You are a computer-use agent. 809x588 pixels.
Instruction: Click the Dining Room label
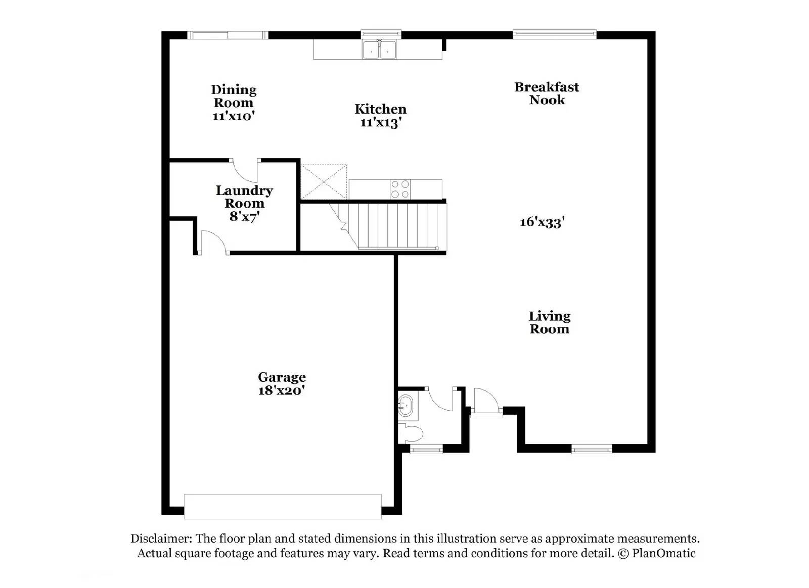click(x=233, y=96)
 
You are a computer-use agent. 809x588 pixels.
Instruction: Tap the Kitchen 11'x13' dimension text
click(x=381, y=122)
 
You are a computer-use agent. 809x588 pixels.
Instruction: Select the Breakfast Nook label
click(x=547, y=93)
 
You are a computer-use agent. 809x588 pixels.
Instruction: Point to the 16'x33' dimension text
click(x=542, y=222)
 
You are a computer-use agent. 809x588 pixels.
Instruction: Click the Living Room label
click(x=549, y=322)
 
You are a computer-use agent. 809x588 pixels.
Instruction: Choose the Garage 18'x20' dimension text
click(x=281, y=390)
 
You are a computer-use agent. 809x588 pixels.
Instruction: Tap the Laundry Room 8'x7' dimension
click(x=244, y=216)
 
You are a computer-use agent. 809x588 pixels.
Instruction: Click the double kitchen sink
click(x=379, y=50)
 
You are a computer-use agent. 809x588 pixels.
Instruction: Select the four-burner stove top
click(x=400, y=189)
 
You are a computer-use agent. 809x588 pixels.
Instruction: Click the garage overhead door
click(x=283, y=506)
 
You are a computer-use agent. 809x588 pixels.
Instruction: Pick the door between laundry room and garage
click(x=213, y=242)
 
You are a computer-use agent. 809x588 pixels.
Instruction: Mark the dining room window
click(x=228, y=35)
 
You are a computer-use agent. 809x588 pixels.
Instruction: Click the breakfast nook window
click(x=554, y=34)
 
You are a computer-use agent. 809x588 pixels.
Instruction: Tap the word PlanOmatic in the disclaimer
click(x=663, y=553)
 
